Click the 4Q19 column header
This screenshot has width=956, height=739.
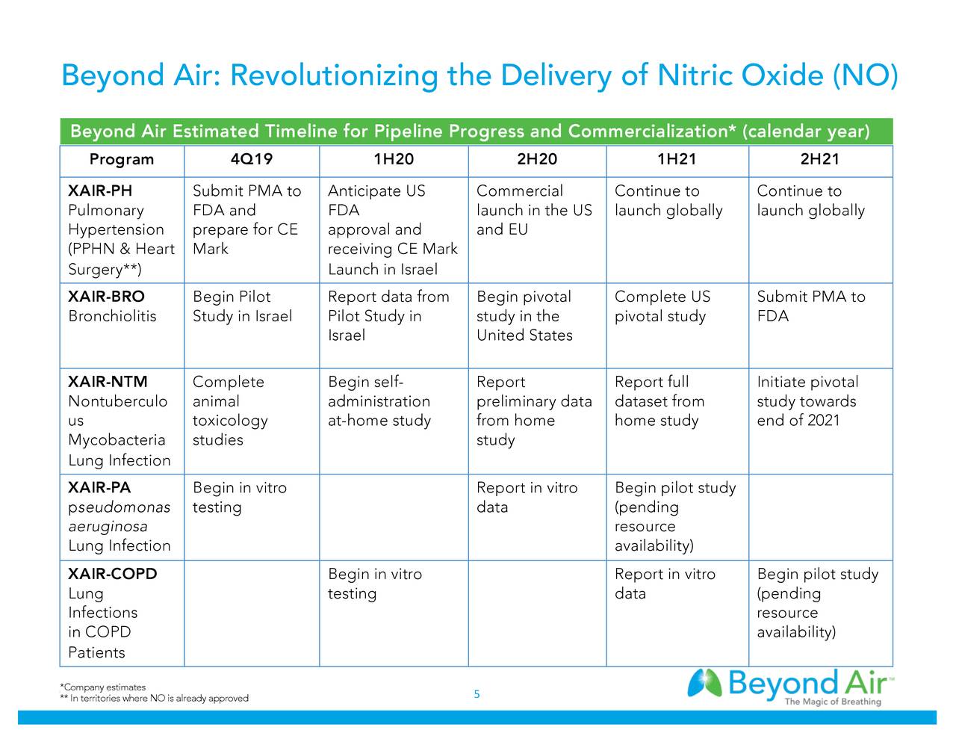point(252,159)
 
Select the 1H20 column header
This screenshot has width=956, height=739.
point(394,159)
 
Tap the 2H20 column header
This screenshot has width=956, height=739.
point(537,159)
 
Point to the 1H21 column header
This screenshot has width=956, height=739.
point(677,159)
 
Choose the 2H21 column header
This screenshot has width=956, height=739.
point(819,159)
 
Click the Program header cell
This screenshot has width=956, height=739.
point(122,159)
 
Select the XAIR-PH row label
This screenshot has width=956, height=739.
point(100,191)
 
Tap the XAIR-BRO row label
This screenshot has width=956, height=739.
point(106,297)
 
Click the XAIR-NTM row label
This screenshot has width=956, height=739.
point(108,382)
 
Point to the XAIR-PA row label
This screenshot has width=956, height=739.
point(99,488)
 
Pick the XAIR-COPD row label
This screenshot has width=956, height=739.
point(113,574)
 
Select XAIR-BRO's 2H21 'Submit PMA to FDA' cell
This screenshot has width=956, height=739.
point(810,306)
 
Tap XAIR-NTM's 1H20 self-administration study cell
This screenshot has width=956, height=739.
point(379,401)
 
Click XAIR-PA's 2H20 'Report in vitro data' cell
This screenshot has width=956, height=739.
point(527,497)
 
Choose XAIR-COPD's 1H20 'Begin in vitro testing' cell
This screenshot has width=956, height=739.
point(375,584)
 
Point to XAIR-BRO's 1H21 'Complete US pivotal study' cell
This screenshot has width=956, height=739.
point(662,306)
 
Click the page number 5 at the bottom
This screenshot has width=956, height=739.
point(477,695)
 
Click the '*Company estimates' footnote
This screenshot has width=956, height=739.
point(103,687)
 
